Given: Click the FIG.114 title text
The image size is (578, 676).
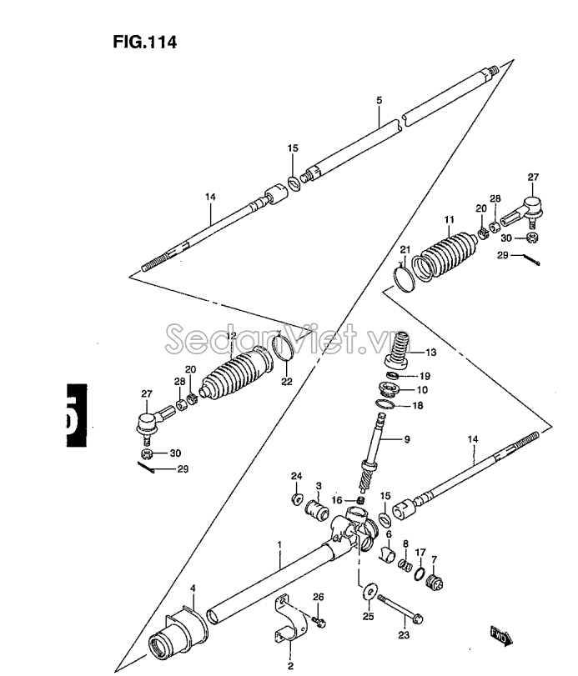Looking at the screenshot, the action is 145,43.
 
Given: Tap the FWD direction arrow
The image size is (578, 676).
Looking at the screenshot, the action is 501,636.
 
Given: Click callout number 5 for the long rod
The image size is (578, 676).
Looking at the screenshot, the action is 379,101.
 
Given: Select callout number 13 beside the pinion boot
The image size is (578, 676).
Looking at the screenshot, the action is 431,353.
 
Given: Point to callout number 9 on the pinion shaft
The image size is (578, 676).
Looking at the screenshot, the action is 407,439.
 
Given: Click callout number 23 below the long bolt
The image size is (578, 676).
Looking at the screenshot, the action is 404,634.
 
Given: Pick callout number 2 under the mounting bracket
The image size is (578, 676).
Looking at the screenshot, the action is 290,666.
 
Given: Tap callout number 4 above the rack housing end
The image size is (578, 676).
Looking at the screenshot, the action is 193,588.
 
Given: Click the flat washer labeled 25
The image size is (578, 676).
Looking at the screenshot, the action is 370,591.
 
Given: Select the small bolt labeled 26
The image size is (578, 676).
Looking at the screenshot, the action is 319,622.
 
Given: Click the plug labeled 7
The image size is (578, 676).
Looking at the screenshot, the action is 435,583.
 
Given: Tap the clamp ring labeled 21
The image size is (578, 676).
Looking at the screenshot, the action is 405,279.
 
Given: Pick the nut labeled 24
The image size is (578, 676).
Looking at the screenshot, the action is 296,499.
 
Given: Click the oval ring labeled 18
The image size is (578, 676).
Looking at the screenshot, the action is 384,404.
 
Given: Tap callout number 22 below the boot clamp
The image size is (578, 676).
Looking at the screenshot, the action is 287,381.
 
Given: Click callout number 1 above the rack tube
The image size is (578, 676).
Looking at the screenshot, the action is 279,544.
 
